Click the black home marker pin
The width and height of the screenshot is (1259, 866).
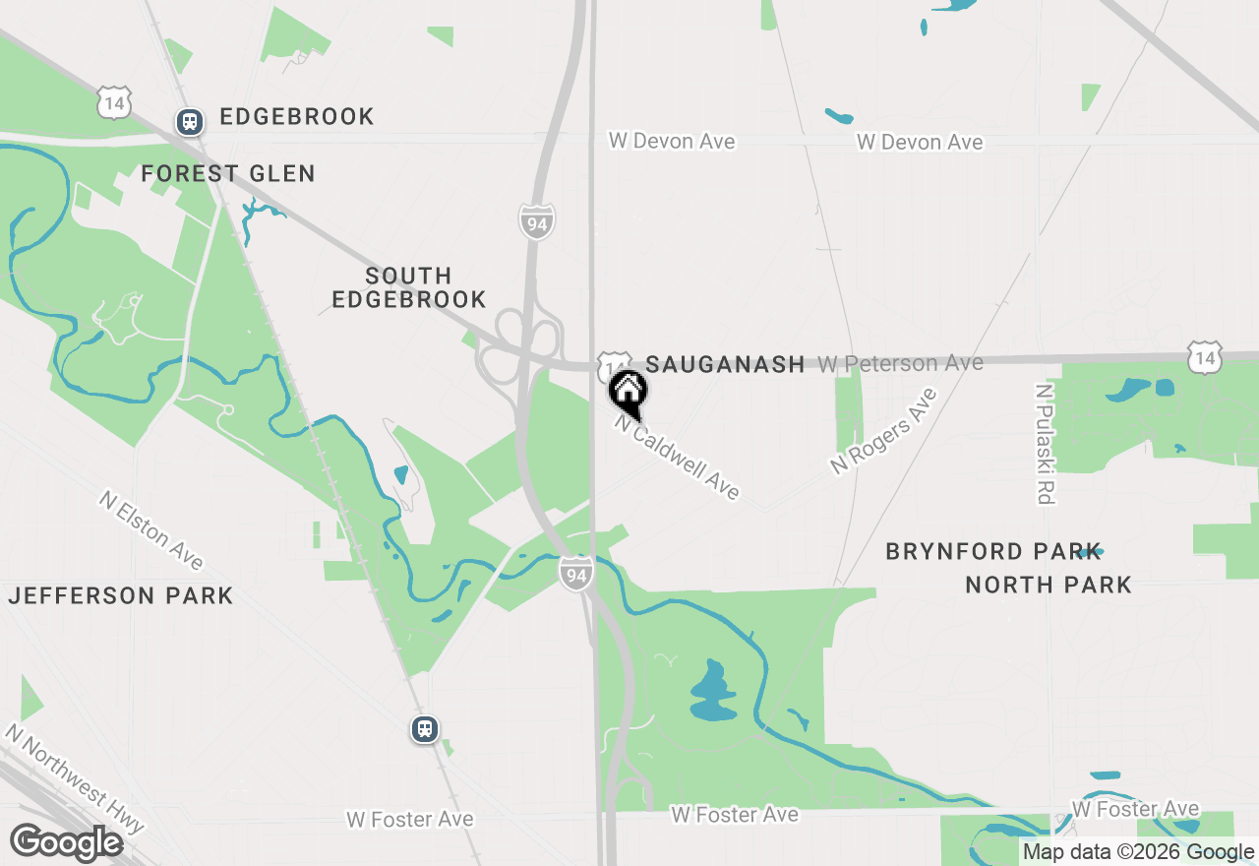[628, 393]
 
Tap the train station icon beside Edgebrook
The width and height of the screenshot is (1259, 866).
[189, 121]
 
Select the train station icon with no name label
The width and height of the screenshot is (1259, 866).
[424, 729]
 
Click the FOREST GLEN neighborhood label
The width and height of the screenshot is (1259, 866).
[228, 174]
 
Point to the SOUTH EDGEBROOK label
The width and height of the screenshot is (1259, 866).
[408, 287]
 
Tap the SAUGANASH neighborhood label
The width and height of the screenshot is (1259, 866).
[725, 364]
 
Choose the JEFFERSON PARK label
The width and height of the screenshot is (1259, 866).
[121, 595]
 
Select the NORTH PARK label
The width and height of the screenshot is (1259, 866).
[1049, 586]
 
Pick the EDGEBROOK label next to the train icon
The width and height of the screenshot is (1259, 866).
[297, 117]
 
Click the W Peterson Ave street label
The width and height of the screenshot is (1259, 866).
[900, 363]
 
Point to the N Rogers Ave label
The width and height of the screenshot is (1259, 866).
[883, 431]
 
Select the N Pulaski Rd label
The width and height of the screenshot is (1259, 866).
[1044, 444]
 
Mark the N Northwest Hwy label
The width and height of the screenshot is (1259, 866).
[75, 778]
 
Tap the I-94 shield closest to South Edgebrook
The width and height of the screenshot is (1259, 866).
[537, 222]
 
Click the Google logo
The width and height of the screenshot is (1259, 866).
[66, 843]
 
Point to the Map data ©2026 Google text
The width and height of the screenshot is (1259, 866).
[1138, 852]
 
